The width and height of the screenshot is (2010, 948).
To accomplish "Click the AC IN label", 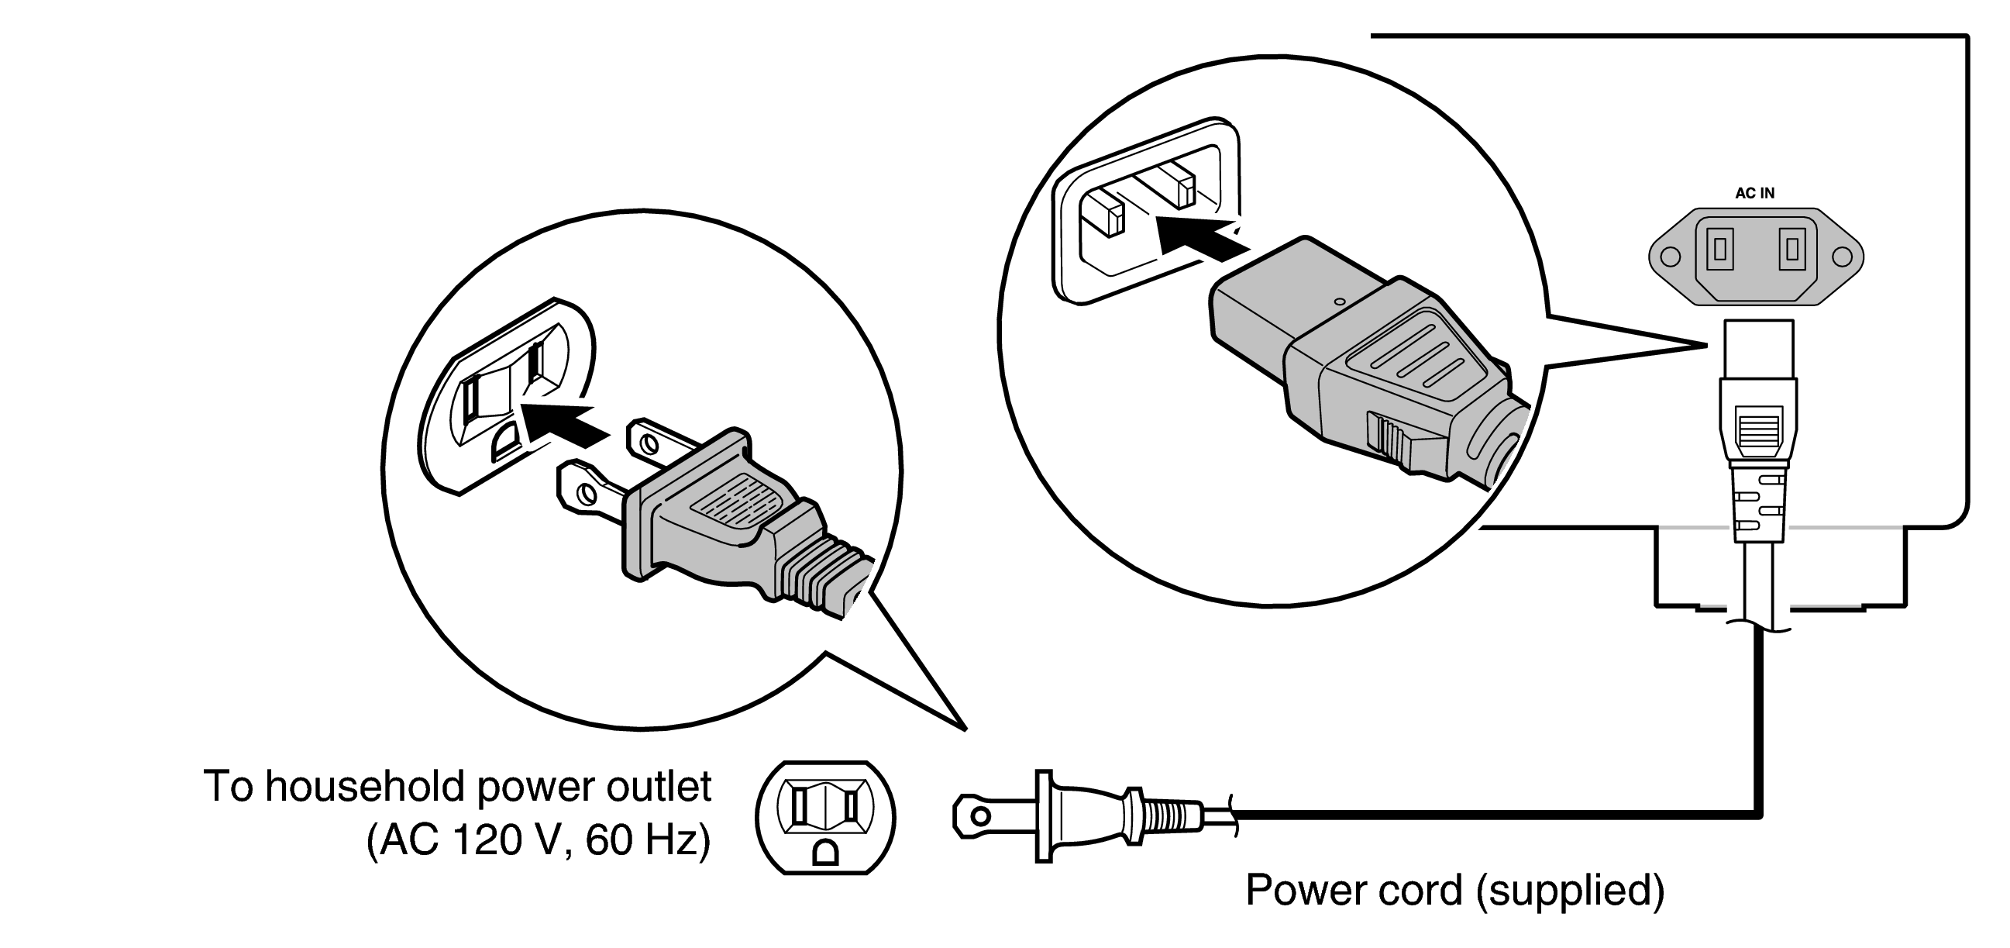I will pyautogui.click(x=1754, y=194).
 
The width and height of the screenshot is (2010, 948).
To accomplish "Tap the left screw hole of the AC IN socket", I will pyautogui.click(x=1669, y=257).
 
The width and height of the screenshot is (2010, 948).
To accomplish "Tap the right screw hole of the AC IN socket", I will pyautogui.click(x=1842, y=257).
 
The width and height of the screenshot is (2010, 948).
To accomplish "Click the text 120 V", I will pyautogui.click(x=508, y=840).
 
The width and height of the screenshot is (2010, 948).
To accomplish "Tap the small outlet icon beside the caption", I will pyautogui.click(x=824, y=817).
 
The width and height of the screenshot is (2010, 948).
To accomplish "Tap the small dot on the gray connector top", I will pyautogui.click(x=1339, y=301).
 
